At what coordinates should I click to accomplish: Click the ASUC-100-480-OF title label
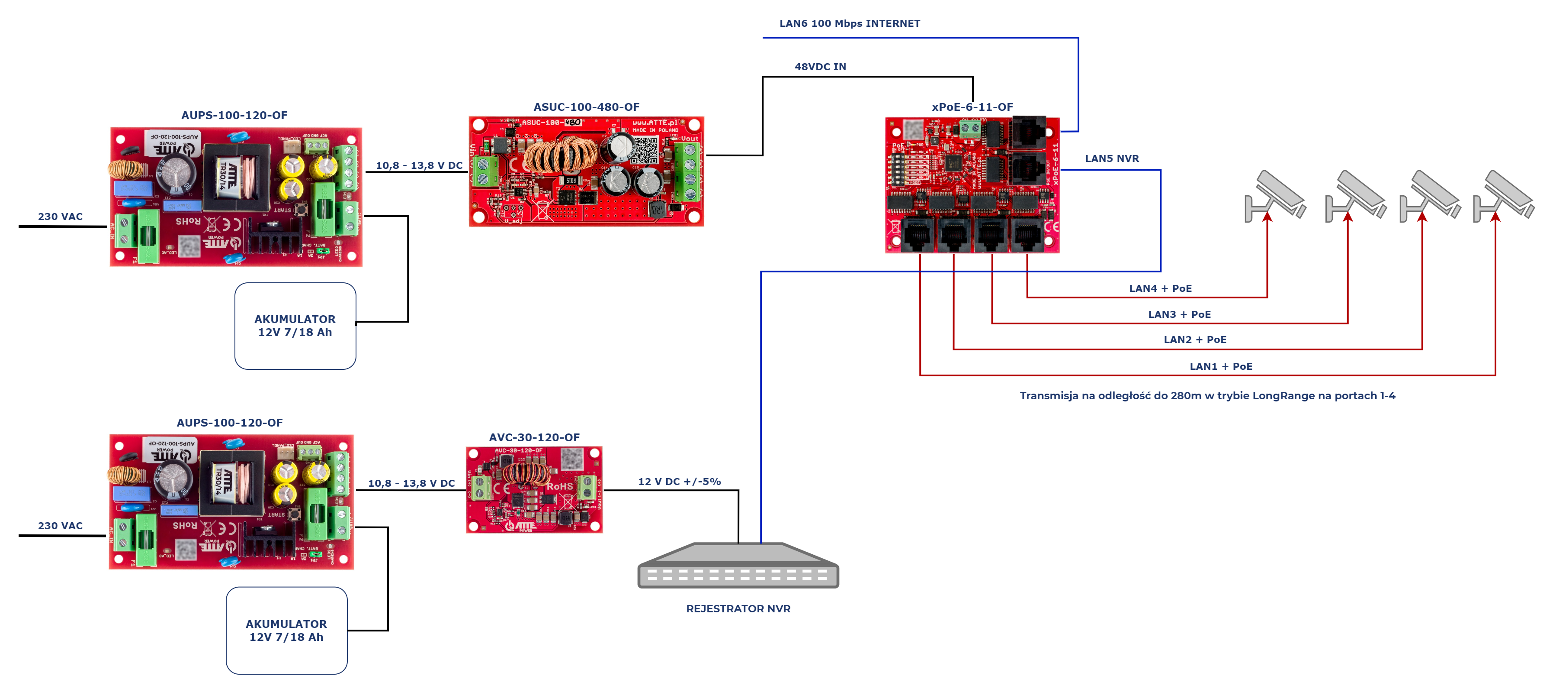pos(586,107)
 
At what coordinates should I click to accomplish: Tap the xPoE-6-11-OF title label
pos(972,107)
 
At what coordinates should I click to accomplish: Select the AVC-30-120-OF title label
pos(534,437)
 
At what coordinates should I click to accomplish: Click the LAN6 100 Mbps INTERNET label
pos(850,23)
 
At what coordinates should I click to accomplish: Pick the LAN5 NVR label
pos(1112,158)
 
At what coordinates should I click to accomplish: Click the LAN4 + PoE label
pos(1160,288)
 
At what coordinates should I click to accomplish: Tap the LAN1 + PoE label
pos(1221,366)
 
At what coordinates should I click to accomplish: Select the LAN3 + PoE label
pos(1179,314)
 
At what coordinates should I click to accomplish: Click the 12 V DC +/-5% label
pos(679,482)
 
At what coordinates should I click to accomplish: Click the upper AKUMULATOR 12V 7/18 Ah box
pos(295,326)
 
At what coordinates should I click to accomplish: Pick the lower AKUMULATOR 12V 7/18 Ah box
pos(286,631)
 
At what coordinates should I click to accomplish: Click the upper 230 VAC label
pos(60,217)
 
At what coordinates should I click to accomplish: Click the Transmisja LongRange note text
pos(1207,396)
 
